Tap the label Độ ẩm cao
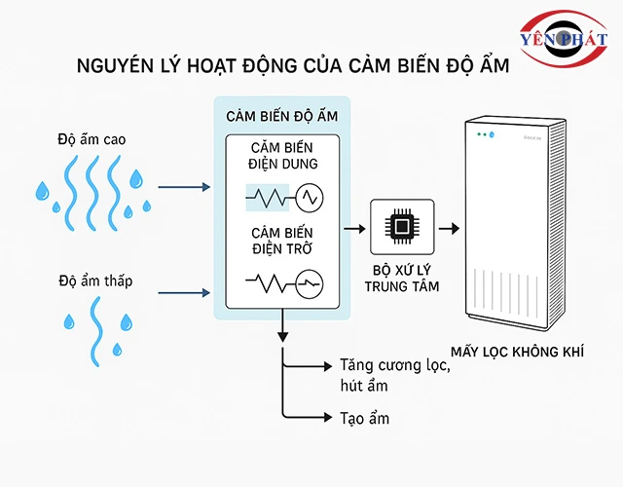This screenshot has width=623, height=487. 91,139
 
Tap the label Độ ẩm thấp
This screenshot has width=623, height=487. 94,281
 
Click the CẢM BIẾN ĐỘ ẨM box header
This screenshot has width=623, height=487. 281,116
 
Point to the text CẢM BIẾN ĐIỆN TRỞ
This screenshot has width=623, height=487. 281,243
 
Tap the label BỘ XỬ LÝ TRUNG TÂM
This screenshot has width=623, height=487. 402,278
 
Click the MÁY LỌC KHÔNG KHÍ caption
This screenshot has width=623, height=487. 522,352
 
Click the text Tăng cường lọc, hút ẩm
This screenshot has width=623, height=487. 394,376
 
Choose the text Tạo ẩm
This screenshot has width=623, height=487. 365,418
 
